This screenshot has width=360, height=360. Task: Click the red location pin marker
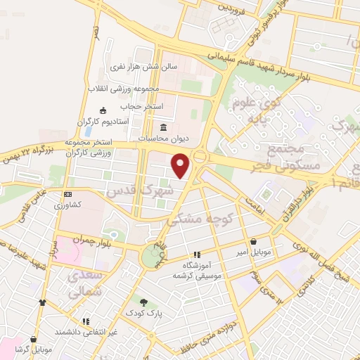pyautogui.click(x=181, y=165)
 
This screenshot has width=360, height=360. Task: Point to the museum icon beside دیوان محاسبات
pyautogui.click(x=164, y=127)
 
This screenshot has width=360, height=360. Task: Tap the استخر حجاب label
pyautogui.click(x=141, y=105)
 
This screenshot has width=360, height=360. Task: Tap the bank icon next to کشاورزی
pyautogui.click(x=67, y=194)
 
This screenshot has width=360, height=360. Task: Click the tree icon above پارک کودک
pyautogui.click(x=143, y=302)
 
